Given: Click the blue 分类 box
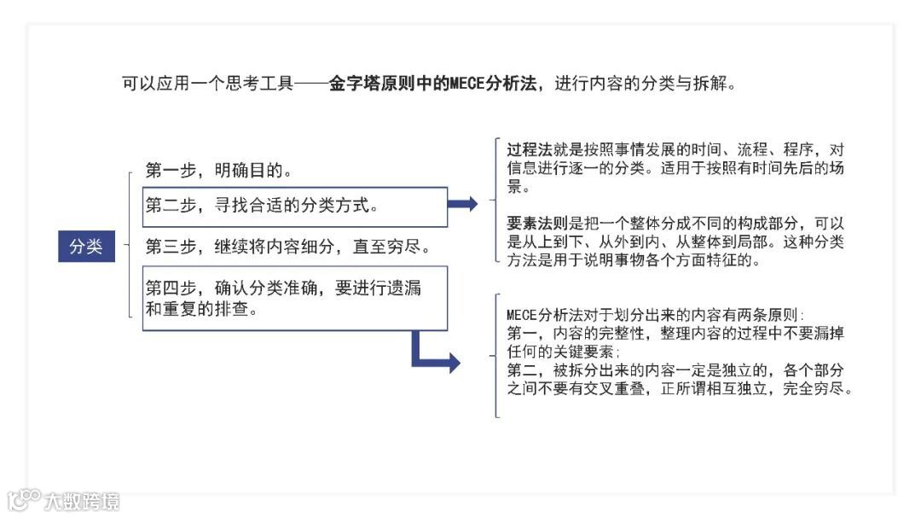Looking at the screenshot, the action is click(86, 247).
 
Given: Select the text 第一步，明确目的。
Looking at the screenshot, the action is click(219, 170).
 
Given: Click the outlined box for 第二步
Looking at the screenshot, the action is click(294, 207).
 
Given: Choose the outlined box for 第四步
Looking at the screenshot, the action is click(294, 298).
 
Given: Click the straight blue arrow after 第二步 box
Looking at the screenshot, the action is click(463, 203).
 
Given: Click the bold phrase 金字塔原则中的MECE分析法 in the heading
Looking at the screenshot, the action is click(433, 84).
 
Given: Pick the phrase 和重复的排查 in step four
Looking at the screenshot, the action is click(201, 309).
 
